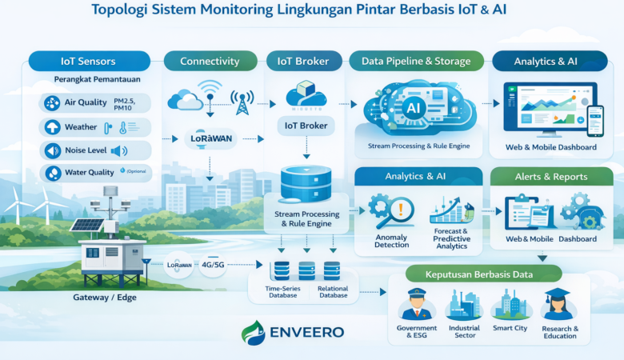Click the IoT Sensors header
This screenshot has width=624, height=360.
[x=88, y=61]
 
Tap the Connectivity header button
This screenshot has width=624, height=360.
[x=210, y=61]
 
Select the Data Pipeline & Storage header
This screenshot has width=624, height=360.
[x=416, y=61]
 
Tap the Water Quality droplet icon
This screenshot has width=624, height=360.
[x=53, y=173]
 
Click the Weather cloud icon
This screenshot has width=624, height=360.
[x=53, y=127]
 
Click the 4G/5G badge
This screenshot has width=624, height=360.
[x=213, y=265]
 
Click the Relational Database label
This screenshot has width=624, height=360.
[x=332, y=291]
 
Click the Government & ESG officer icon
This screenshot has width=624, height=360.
[x=416, y=304]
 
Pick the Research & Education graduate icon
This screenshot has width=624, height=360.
[x=559, y=304]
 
